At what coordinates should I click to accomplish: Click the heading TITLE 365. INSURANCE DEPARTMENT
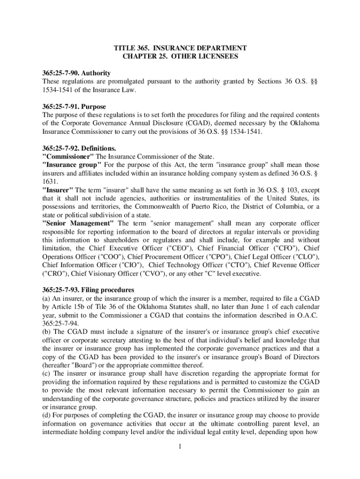tap(180, 48)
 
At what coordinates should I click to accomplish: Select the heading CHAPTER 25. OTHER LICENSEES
tap(180, 57)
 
